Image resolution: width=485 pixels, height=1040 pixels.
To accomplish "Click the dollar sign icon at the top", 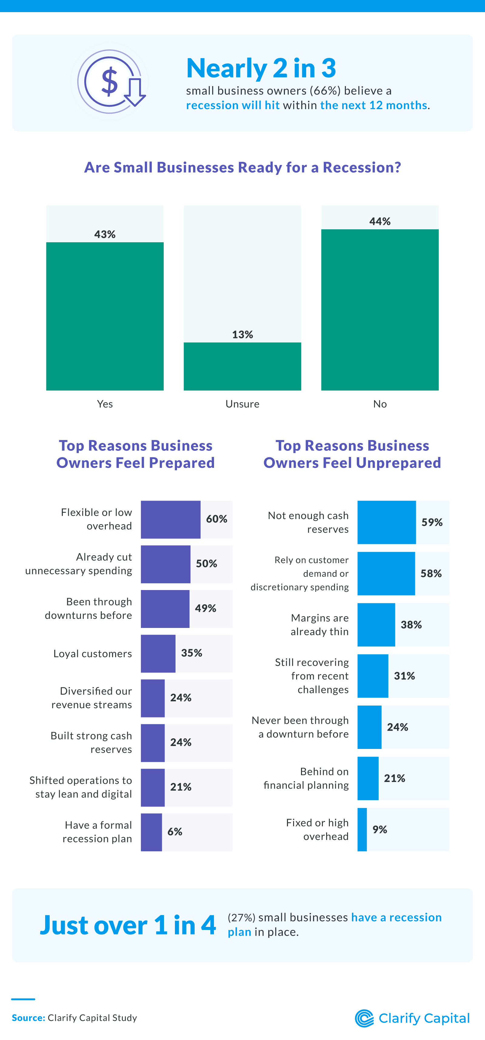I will [x=110, y=82].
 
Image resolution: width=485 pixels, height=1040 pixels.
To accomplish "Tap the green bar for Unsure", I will [x=242, y=366].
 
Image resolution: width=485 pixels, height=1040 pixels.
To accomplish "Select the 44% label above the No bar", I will [x=380, y=221].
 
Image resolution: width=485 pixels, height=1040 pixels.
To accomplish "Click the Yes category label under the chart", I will [x=105, y=404].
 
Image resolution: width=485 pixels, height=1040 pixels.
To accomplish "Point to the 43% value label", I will [x=105, y=234].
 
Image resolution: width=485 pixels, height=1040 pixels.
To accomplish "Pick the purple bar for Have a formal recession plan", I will [x=151, y=832].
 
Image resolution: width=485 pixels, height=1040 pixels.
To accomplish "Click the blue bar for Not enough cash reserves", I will [x=386, y=522].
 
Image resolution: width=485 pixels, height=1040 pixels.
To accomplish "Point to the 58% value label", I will [x=431, y=573].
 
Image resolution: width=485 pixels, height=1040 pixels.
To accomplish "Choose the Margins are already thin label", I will [x=319, y=625].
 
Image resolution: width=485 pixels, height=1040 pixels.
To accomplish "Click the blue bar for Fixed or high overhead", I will [x=362, y=829].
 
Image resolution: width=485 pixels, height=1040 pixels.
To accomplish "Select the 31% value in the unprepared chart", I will [x=404, y=676].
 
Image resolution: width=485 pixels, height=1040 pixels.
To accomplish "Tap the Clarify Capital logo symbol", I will [x=364, y=1018].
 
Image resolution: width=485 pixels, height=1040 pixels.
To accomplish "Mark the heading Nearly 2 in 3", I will [x=261, y=68].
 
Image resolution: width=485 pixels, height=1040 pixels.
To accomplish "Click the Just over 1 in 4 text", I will [x=128, y=925].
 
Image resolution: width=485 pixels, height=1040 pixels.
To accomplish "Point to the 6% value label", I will [x=175, y=832].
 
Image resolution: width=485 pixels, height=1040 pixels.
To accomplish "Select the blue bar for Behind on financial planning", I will [x=368, y=778].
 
